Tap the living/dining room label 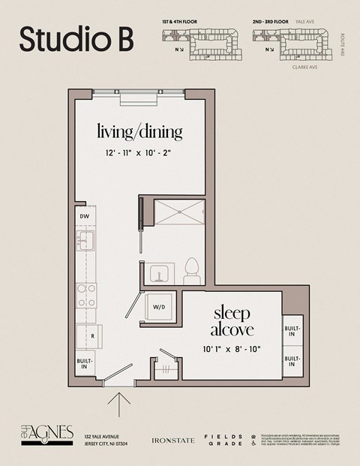(139, 133)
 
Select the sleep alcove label (232, 320)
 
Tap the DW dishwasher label (85, 218)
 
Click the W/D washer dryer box (159, 307)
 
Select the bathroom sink (159, 272)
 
